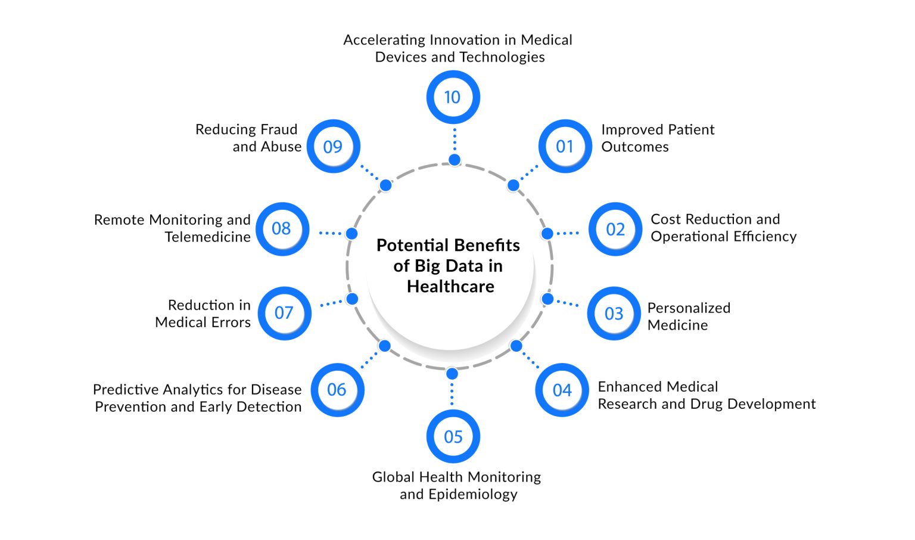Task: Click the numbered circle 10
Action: [453, 97]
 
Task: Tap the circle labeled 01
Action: [565, 147]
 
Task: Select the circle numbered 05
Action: [453, 437]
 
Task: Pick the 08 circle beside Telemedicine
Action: [282, 229]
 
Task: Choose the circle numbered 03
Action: [614, 314]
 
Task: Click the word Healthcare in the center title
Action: [450, 287]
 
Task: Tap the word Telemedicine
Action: [207, 237]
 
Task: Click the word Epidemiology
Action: [459, 494]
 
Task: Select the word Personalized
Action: [689, 308]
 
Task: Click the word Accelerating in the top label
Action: [384, 40]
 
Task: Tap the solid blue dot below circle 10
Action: [455, 160]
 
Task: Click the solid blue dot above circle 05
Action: [452, 374]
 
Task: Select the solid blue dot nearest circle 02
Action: [547, 233]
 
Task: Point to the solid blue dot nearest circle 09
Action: [385, 185]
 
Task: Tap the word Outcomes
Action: [635, 147]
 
